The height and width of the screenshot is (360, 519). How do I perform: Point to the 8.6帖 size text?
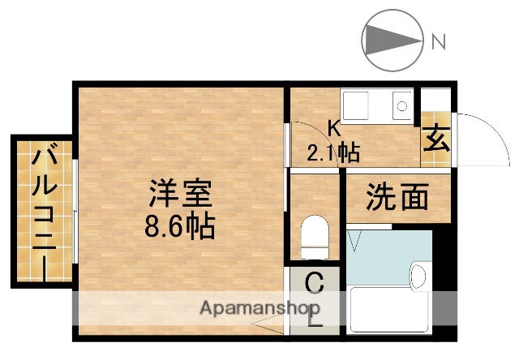180,225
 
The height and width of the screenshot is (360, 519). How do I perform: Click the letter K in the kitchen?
332,126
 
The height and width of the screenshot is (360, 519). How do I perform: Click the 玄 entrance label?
435,140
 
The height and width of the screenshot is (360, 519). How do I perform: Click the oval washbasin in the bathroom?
418,276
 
